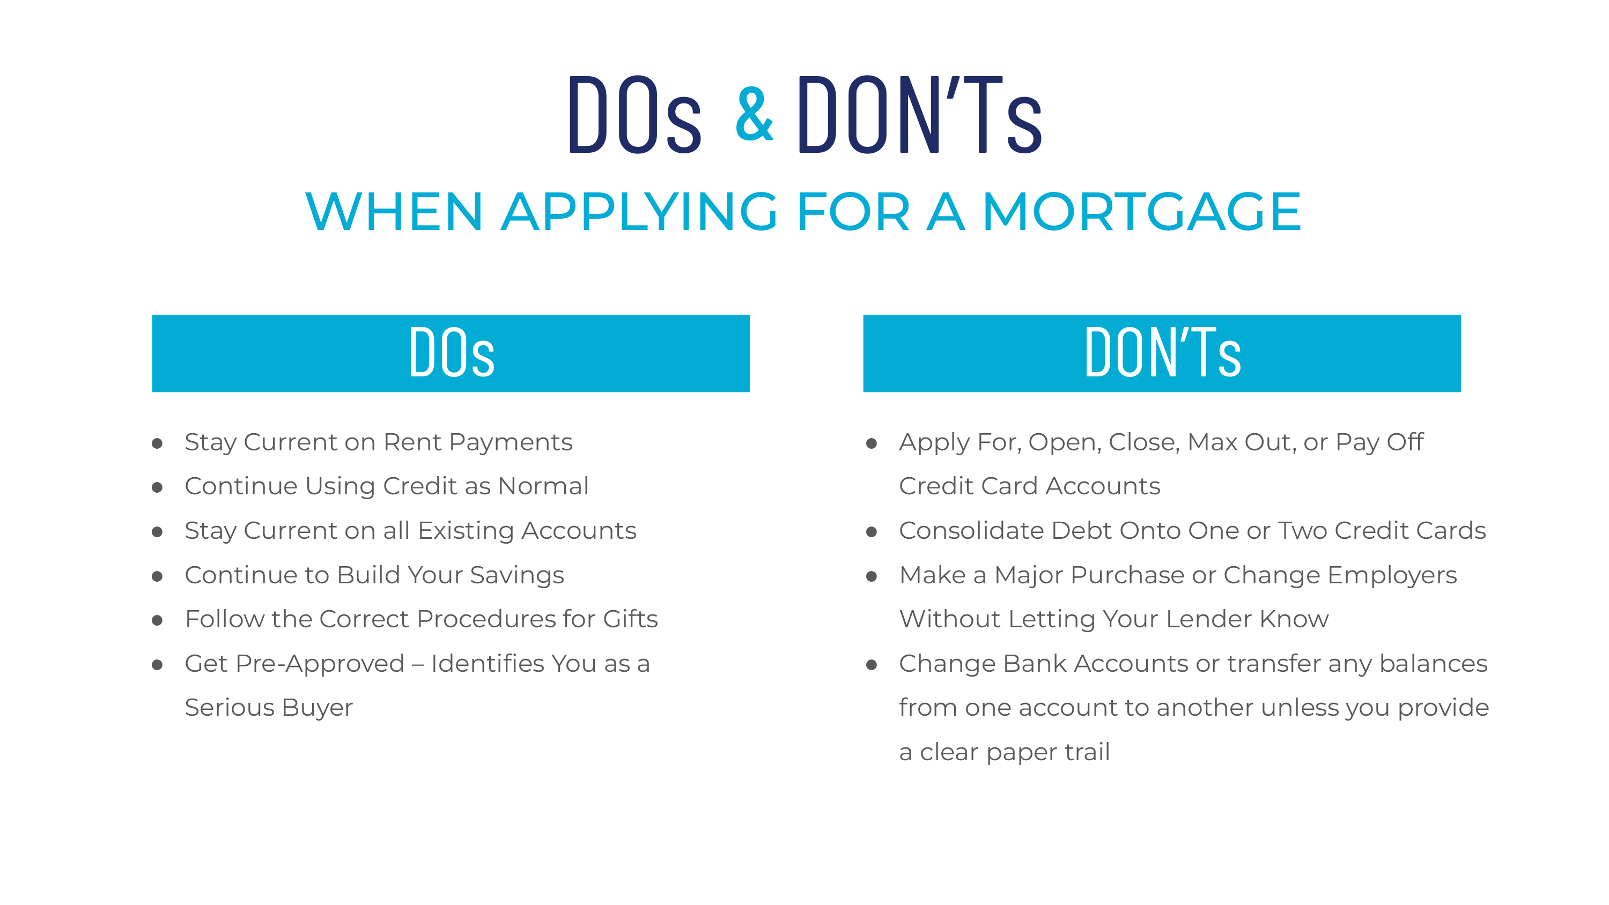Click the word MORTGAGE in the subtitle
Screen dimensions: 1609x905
click(1142, 212)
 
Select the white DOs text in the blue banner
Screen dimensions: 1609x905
click(452, 353)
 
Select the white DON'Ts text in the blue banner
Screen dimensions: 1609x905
click(1162, 353)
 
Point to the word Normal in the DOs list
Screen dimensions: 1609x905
click(543, 486)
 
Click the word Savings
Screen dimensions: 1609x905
click(517, 575)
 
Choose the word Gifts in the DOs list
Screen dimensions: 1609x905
click(630, 619)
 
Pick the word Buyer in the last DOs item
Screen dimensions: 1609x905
click(318, 708)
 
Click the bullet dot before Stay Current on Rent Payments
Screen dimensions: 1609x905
click(157, 443)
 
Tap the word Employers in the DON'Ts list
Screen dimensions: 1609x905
click(1392, 575)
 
